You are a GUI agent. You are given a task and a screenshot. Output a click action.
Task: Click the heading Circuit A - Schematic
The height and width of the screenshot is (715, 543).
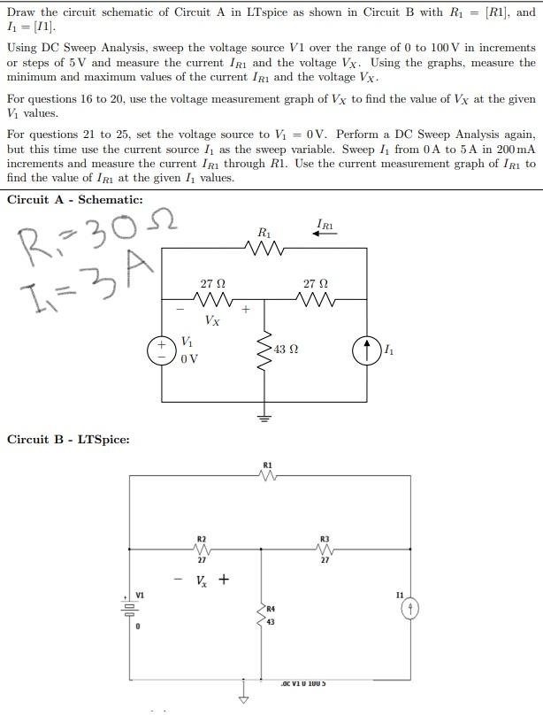pos(74,199)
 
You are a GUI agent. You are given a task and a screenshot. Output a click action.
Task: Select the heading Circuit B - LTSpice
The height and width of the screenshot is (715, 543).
pos(68,439)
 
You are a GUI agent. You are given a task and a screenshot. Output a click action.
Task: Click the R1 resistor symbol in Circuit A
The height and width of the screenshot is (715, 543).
pos(265,249)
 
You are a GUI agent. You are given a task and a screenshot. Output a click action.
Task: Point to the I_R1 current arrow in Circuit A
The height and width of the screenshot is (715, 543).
pos(324,234)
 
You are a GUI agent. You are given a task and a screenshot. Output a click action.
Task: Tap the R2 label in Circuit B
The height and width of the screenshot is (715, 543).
pos(201,538)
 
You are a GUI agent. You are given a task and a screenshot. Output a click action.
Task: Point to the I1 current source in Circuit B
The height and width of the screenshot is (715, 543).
pos(409,611)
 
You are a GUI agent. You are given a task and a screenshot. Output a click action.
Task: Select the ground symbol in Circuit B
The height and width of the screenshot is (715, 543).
pos(244,693)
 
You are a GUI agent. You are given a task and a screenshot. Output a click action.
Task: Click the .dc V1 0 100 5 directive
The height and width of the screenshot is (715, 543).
pos(305,683)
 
